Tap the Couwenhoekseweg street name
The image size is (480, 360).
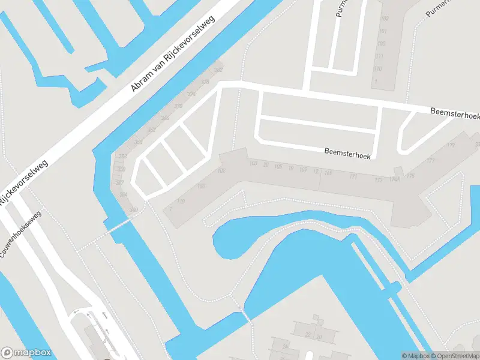pos(21,235)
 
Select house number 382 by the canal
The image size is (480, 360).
pos(218,71)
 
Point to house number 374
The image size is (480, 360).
pos(191,94)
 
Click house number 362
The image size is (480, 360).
pos(152,130)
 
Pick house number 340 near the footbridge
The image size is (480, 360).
pos(133,209)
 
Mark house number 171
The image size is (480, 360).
pos(353,176)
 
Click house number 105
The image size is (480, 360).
pos(278,166)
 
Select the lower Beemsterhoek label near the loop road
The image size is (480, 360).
pos(347,154)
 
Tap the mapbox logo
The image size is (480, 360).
pos(26,353)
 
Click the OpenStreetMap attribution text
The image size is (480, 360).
pos(457,356)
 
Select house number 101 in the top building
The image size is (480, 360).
pos(382,31)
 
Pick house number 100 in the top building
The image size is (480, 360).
pos(380,44)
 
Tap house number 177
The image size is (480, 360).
pos(430,161)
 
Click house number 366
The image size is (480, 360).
pos(165,118)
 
